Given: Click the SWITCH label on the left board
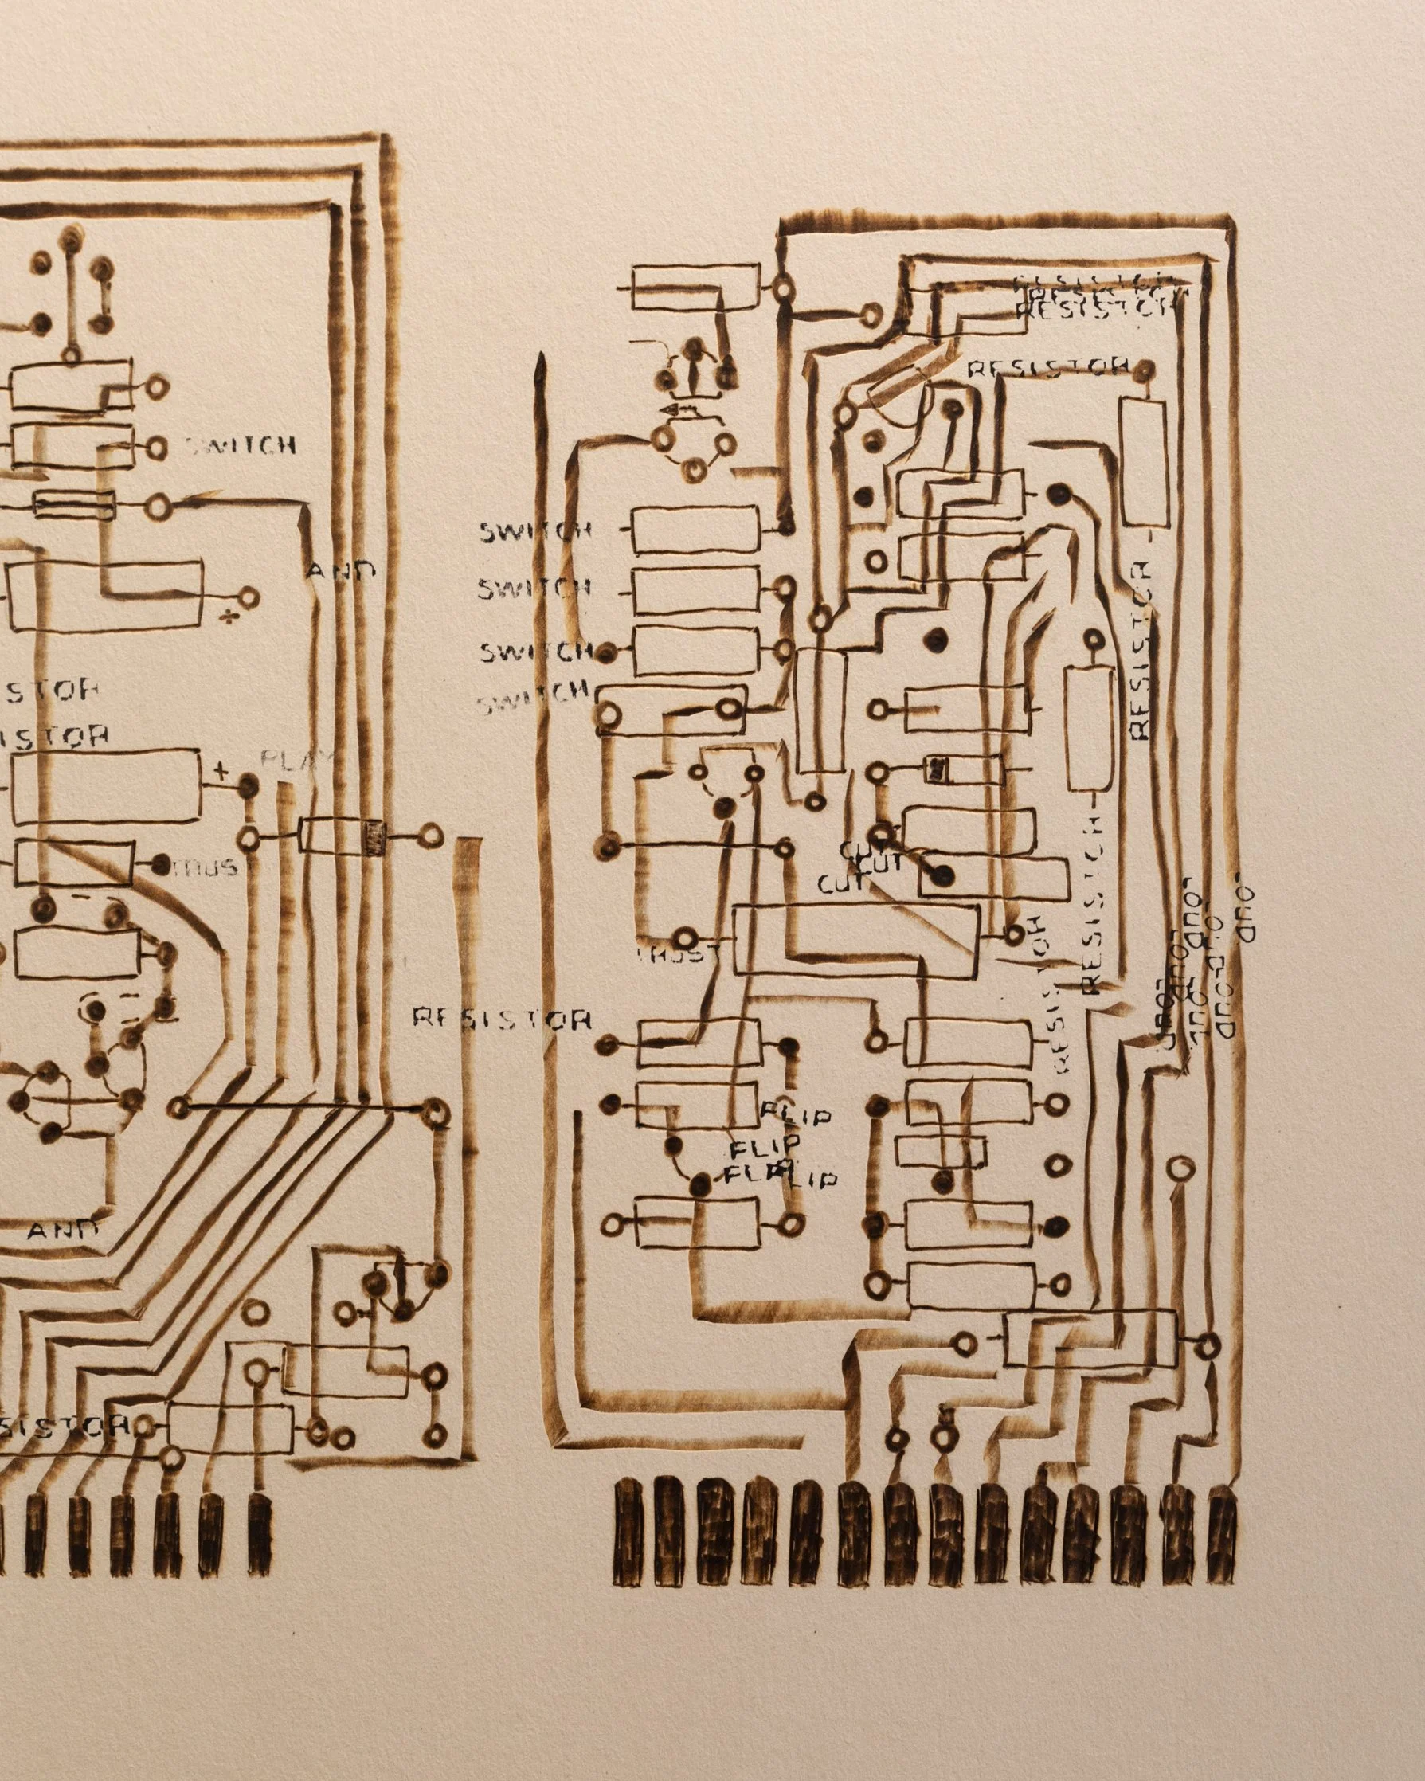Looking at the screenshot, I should click(239, 447).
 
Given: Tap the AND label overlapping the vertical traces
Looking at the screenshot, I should click(342, 570).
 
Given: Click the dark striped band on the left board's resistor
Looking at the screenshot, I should click(375, 836).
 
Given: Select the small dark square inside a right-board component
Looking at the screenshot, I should click(937, 769).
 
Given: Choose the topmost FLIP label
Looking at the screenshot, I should click(796, 1118).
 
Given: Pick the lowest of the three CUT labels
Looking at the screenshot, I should click(841, 885).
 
